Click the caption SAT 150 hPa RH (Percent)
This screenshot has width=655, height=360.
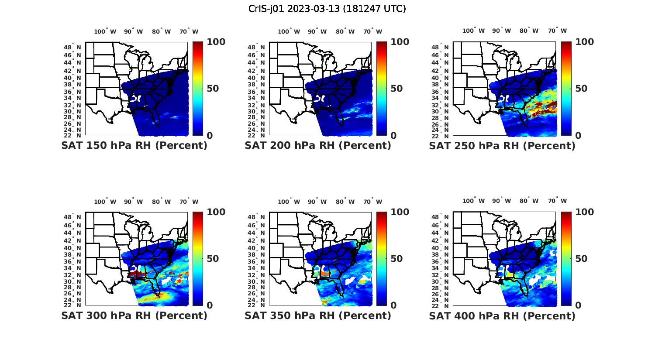(x=134, y=146)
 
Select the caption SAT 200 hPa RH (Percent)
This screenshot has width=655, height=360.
(x=318, y=146)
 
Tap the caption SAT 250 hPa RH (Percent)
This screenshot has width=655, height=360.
(x=502, y=146)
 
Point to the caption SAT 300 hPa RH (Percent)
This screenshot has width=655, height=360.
(x=134, y=315)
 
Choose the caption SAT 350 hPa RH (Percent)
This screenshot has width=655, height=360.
(x=318, y=315)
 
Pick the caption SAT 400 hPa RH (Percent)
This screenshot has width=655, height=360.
(x=502, y=315)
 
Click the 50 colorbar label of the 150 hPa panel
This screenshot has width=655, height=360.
(x=213, y=89)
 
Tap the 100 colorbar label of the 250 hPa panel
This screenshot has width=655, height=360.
(x=585, y=42)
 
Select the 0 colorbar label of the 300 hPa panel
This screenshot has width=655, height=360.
(x=210, y=305)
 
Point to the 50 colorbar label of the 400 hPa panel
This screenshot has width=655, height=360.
(x=581, y=259)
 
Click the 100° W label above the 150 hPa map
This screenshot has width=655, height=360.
(x=105, y=31)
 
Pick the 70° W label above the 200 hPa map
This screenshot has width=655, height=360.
(x=372, y=31)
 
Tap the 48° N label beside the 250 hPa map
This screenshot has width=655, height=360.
(x=444, y=47)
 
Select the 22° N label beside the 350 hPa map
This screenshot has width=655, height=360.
(x=260, y=305)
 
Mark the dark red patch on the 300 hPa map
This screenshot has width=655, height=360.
(x=137, y=274)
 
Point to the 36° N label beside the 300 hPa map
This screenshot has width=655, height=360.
(x=76, y=261)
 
